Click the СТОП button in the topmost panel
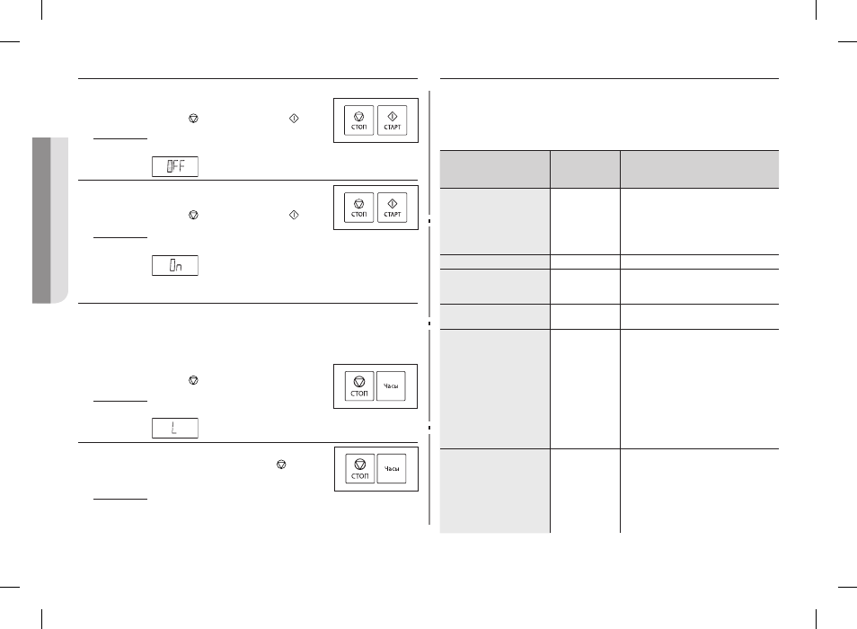[x=359, y=120]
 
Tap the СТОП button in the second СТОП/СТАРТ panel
[x=359, y=208]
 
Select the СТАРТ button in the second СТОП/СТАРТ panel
[x=392, y=208]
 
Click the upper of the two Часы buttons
[x=391, y=386]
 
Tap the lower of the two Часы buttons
[x=392, y=469]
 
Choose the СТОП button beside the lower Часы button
[x=359, y=469]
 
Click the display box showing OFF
[x=175, y=166]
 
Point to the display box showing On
[x=175, y=266]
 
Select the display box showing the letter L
[x=175, y=428]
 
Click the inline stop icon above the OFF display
[x=193, y=119]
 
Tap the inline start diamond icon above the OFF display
[x=294, y=119]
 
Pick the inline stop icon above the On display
[x=193, y=216]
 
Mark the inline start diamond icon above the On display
[x=294, y=216]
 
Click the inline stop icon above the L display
[x=193, y=380]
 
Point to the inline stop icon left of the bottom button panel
[x=281, y=465]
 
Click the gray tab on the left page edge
[x=50, y=220]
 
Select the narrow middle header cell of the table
[x=585, y=170]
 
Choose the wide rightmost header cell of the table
[x=700, y=170]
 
